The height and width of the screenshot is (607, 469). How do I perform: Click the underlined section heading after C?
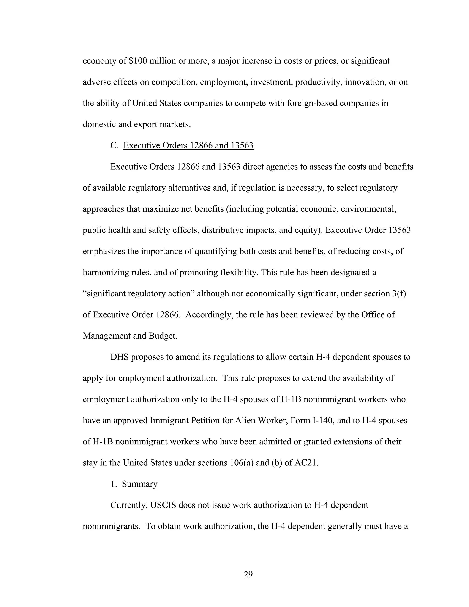point(188,145)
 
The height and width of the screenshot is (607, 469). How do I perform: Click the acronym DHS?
point(120,357)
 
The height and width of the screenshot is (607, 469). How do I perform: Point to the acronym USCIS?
point(163,505)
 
